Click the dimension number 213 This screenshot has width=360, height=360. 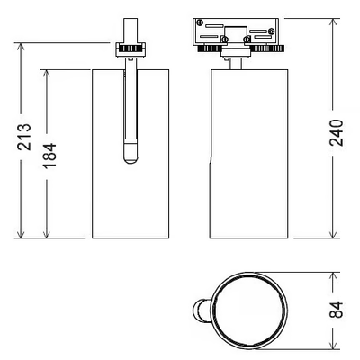[x=24, y=137]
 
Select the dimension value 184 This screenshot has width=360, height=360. [x=49, y=156]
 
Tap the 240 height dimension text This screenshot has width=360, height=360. [x=337, y=132]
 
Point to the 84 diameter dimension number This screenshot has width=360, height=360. [x=337, y=310]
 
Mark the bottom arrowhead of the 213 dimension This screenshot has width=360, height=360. [x=21, y=233]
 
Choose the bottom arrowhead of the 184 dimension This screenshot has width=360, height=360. [x=46, y=233]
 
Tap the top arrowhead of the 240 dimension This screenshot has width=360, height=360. [x=333, y=23]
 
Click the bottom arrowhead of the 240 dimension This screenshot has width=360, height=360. [x=333, y=233]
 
